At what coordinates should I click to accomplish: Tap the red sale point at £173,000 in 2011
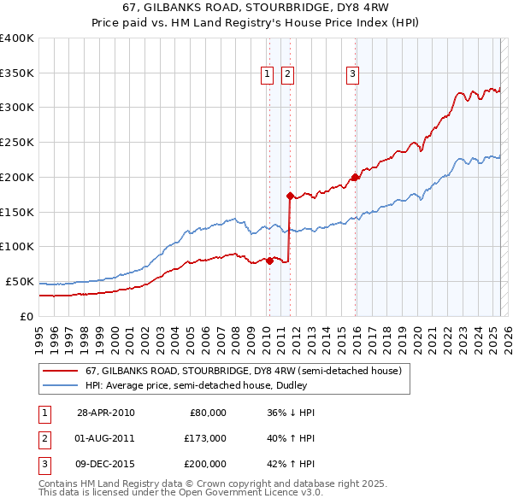click(x=291, y=196)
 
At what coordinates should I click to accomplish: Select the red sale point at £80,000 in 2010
click(x=269, y=261)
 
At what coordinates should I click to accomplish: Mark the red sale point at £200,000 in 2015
click(x=355, y=177)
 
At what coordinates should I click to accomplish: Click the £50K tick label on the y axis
click(x=20, y=281)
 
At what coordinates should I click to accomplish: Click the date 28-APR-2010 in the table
click(x=106, y=413)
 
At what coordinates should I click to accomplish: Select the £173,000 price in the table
click(x=206, y=437)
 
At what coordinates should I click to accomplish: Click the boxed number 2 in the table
click(x=44, y=438)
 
